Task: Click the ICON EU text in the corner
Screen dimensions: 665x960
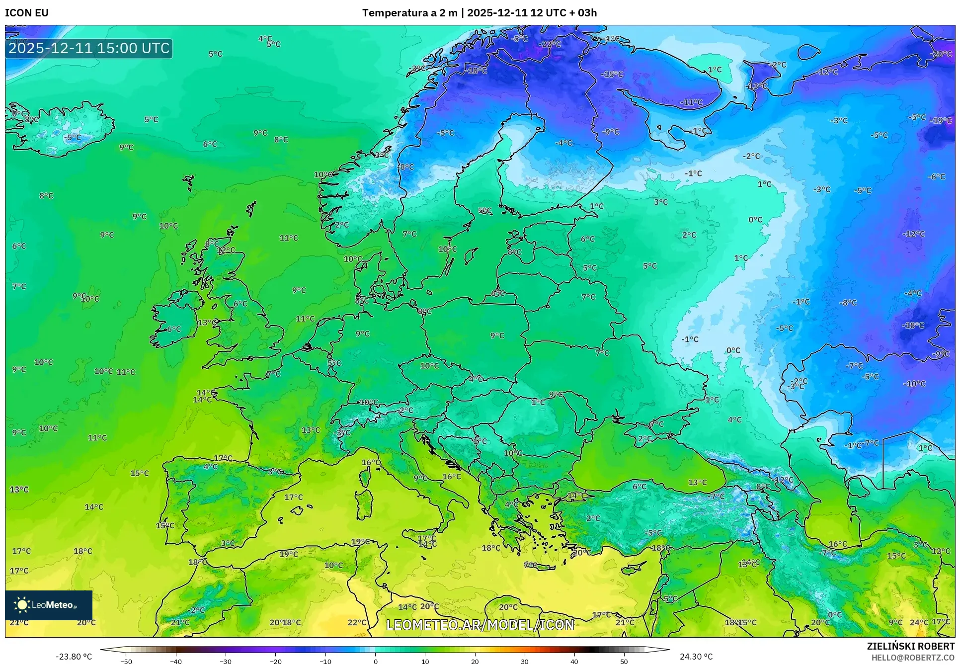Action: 27,13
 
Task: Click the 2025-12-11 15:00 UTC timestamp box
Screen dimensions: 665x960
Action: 89,48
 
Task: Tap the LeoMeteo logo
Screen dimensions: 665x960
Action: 48,605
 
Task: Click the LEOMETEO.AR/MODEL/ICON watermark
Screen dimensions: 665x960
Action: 480,625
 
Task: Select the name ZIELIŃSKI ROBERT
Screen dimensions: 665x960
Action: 910,646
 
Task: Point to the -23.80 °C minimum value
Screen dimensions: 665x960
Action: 74,657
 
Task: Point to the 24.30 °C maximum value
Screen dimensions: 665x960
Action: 696,657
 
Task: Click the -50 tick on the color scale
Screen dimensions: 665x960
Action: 126,661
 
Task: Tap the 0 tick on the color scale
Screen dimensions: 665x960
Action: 375,661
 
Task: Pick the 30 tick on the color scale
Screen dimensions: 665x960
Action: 525,661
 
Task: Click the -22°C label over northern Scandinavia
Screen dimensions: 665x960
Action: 550,44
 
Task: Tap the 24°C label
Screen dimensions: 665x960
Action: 919,622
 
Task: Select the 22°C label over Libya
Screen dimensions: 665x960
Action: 357,622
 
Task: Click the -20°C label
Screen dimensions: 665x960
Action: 941,54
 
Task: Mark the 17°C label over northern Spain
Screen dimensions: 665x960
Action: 223,458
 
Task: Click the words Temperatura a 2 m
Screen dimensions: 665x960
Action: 409,13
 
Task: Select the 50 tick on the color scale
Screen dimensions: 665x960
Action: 624,661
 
